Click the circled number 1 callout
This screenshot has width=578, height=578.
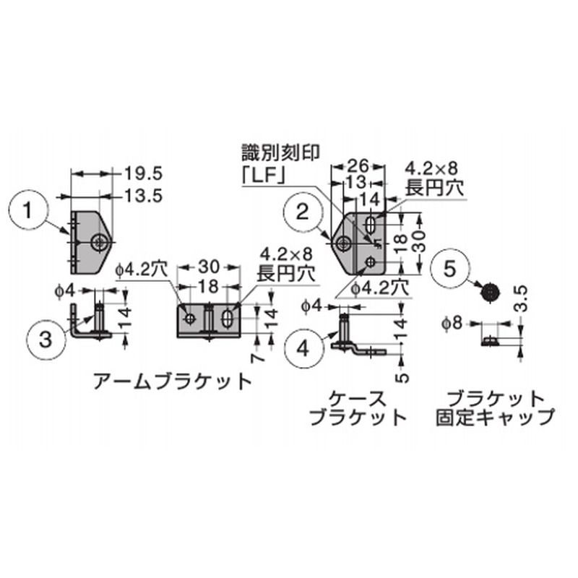point(27,211)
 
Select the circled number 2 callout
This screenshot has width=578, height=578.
point(303,212)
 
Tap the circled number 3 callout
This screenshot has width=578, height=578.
point(45,338)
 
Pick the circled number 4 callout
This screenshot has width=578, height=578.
point(303,348)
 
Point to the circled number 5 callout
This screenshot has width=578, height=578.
point(449,269)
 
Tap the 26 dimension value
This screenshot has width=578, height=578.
point(358,166)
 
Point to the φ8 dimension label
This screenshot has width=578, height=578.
point(452,324)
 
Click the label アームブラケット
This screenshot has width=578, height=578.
point(173,381)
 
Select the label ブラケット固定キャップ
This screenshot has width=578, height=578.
point(495,408)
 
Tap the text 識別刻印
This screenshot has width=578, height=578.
point(280,152)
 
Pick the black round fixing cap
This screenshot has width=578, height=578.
point(491,293)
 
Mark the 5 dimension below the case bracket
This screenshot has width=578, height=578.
point(404,376)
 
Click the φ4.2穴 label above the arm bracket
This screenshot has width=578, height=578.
point(141,270)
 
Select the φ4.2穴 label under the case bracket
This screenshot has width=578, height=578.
point(380,288)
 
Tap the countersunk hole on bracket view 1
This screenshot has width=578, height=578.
point(98,242)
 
